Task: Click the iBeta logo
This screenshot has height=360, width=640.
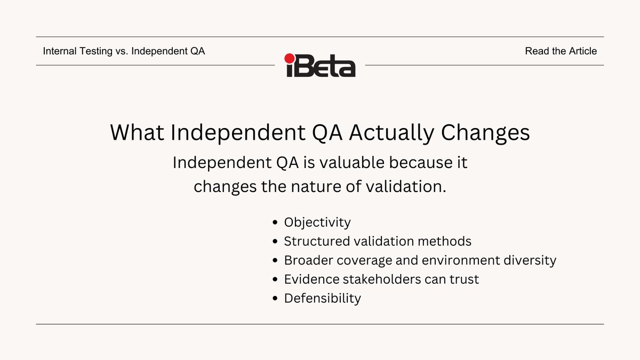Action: (320, 65)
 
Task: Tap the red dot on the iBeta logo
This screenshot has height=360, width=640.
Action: (290, 58)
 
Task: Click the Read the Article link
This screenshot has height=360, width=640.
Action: (561, 51)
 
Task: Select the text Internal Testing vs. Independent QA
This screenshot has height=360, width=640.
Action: (124, 51)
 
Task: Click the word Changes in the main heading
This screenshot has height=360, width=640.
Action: (485, 133)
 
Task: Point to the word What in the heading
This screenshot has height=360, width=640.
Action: (137, 132)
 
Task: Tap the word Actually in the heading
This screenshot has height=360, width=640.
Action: (391, 133)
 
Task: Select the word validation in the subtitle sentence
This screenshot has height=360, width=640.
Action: (406, 186)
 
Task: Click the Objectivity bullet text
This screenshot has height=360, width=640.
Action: (317, 222)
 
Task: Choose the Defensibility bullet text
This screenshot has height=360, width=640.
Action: (323, 298)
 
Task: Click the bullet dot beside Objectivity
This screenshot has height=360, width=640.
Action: (275, 222)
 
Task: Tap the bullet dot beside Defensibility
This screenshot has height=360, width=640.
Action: (275, 299)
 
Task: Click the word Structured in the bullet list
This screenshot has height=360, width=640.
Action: (317, 241)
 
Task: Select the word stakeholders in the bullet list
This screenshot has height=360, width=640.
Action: (382, 279)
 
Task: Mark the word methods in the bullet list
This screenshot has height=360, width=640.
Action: (445, 241)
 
